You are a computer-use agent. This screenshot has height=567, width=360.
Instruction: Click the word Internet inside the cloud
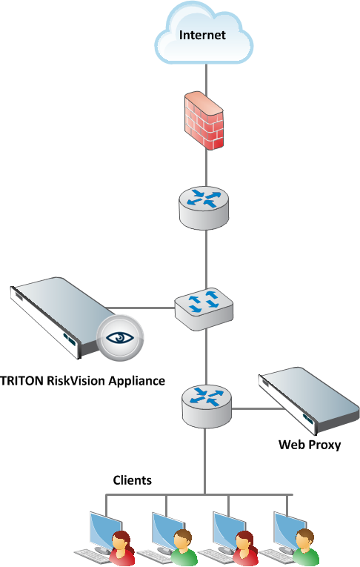[202, 35]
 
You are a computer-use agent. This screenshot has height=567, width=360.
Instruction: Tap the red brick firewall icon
[204, 121]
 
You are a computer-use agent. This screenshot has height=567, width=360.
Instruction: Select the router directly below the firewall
[204, 208]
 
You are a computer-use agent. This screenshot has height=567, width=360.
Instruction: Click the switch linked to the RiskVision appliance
[204, 309]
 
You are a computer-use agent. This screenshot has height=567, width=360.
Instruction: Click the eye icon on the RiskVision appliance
[120, 338]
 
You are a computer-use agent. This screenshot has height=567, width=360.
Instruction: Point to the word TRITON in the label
[21, 381]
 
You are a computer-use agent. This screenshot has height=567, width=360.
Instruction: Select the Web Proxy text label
[310, 445]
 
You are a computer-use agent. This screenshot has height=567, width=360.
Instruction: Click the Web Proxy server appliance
[309, 401]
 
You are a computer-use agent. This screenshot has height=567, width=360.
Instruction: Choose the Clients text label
[133, 480]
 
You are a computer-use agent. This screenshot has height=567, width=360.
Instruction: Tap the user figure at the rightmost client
[306, 547]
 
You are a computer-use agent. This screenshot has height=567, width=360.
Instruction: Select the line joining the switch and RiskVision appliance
[139, 308]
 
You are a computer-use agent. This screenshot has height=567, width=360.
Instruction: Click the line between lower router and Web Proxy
[258, 409]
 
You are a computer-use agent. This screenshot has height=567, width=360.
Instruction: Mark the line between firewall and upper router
[207, 168]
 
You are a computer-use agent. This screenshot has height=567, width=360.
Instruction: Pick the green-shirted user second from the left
[183, 548]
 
